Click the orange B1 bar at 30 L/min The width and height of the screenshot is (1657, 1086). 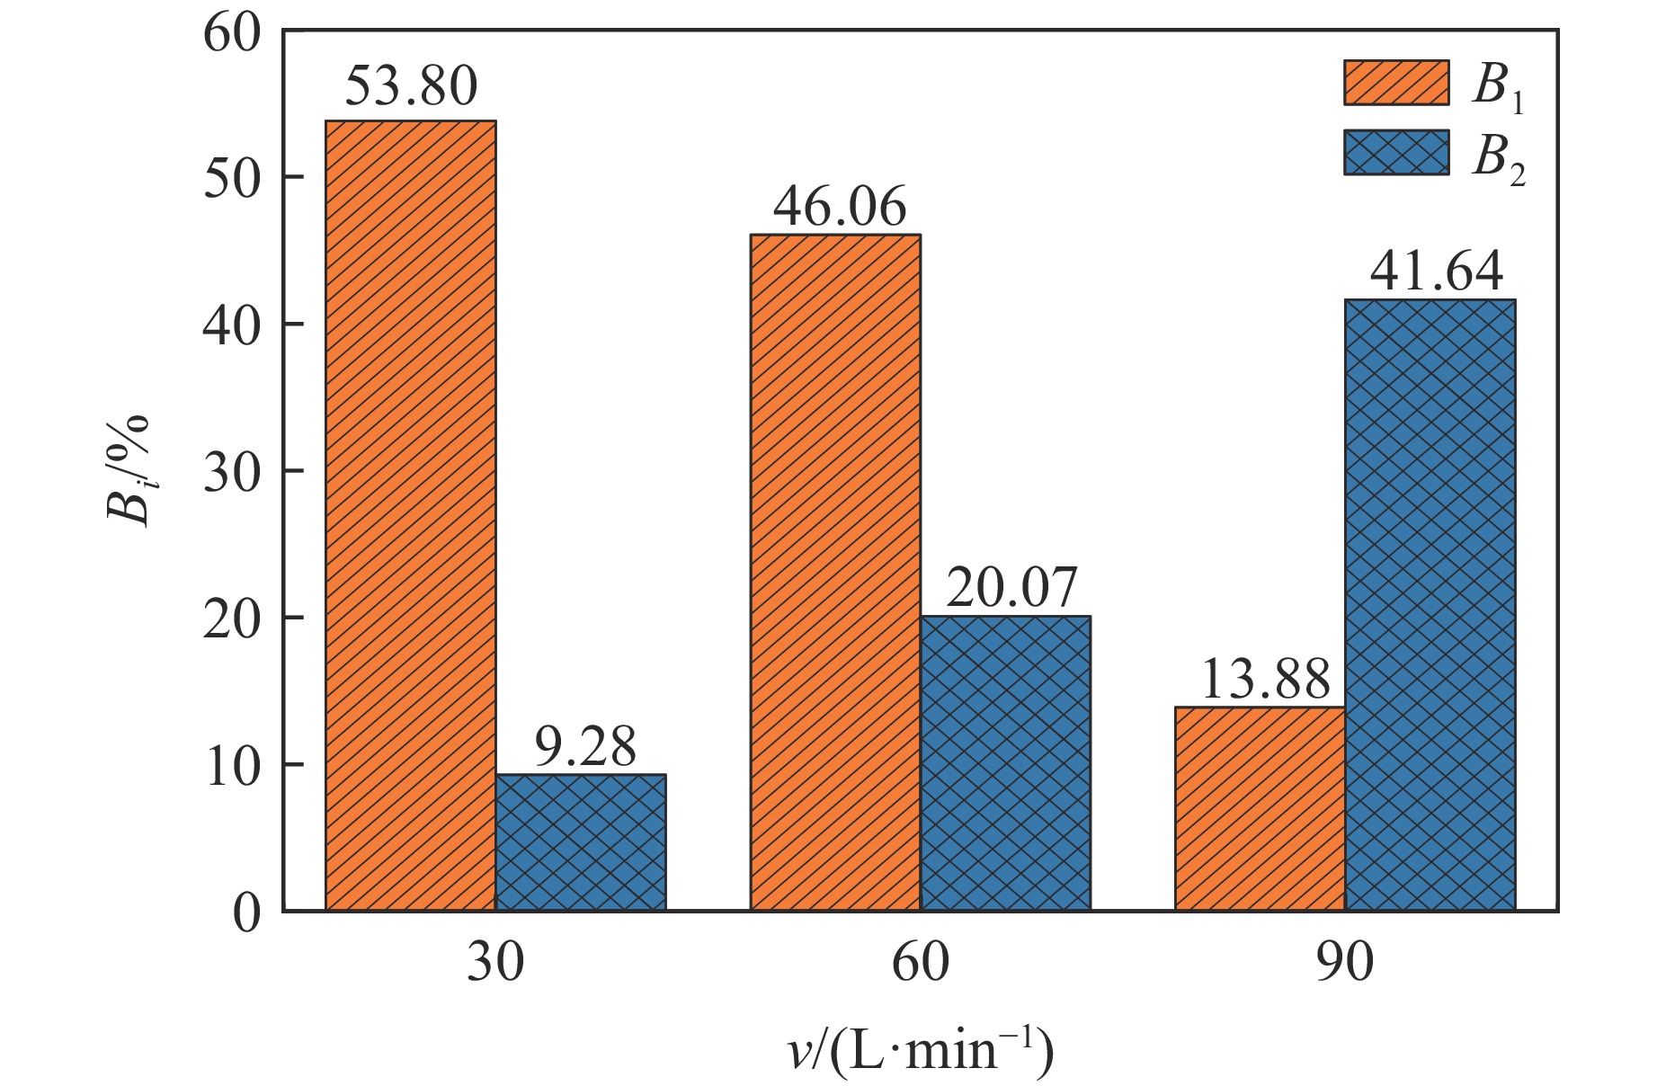point(410,515)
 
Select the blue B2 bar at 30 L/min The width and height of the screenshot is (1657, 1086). point(581,842)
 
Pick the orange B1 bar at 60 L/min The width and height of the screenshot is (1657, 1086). point(835,573)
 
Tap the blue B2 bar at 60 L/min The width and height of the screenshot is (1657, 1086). point(1005,763)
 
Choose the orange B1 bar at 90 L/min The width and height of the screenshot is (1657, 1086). point(1260,809)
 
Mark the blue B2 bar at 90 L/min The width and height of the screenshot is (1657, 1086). point(1430,605)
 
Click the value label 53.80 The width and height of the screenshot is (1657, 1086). point(411,87)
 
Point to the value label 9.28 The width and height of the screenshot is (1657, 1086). point(585,746)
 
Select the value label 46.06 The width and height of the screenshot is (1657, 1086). point(840,207)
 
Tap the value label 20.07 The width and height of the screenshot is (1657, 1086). point(1011,588)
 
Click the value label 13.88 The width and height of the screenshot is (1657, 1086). point(1264,680)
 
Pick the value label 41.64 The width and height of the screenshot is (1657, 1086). point(1436,271)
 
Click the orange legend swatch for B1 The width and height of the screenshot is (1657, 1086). point(1396,84)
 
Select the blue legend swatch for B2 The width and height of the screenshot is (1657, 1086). point(1396,153)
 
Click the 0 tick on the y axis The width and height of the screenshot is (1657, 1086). point(245,912)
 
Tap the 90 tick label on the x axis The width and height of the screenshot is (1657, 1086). point(1345,962)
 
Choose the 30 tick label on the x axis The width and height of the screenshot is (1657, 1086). point(495,962)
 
